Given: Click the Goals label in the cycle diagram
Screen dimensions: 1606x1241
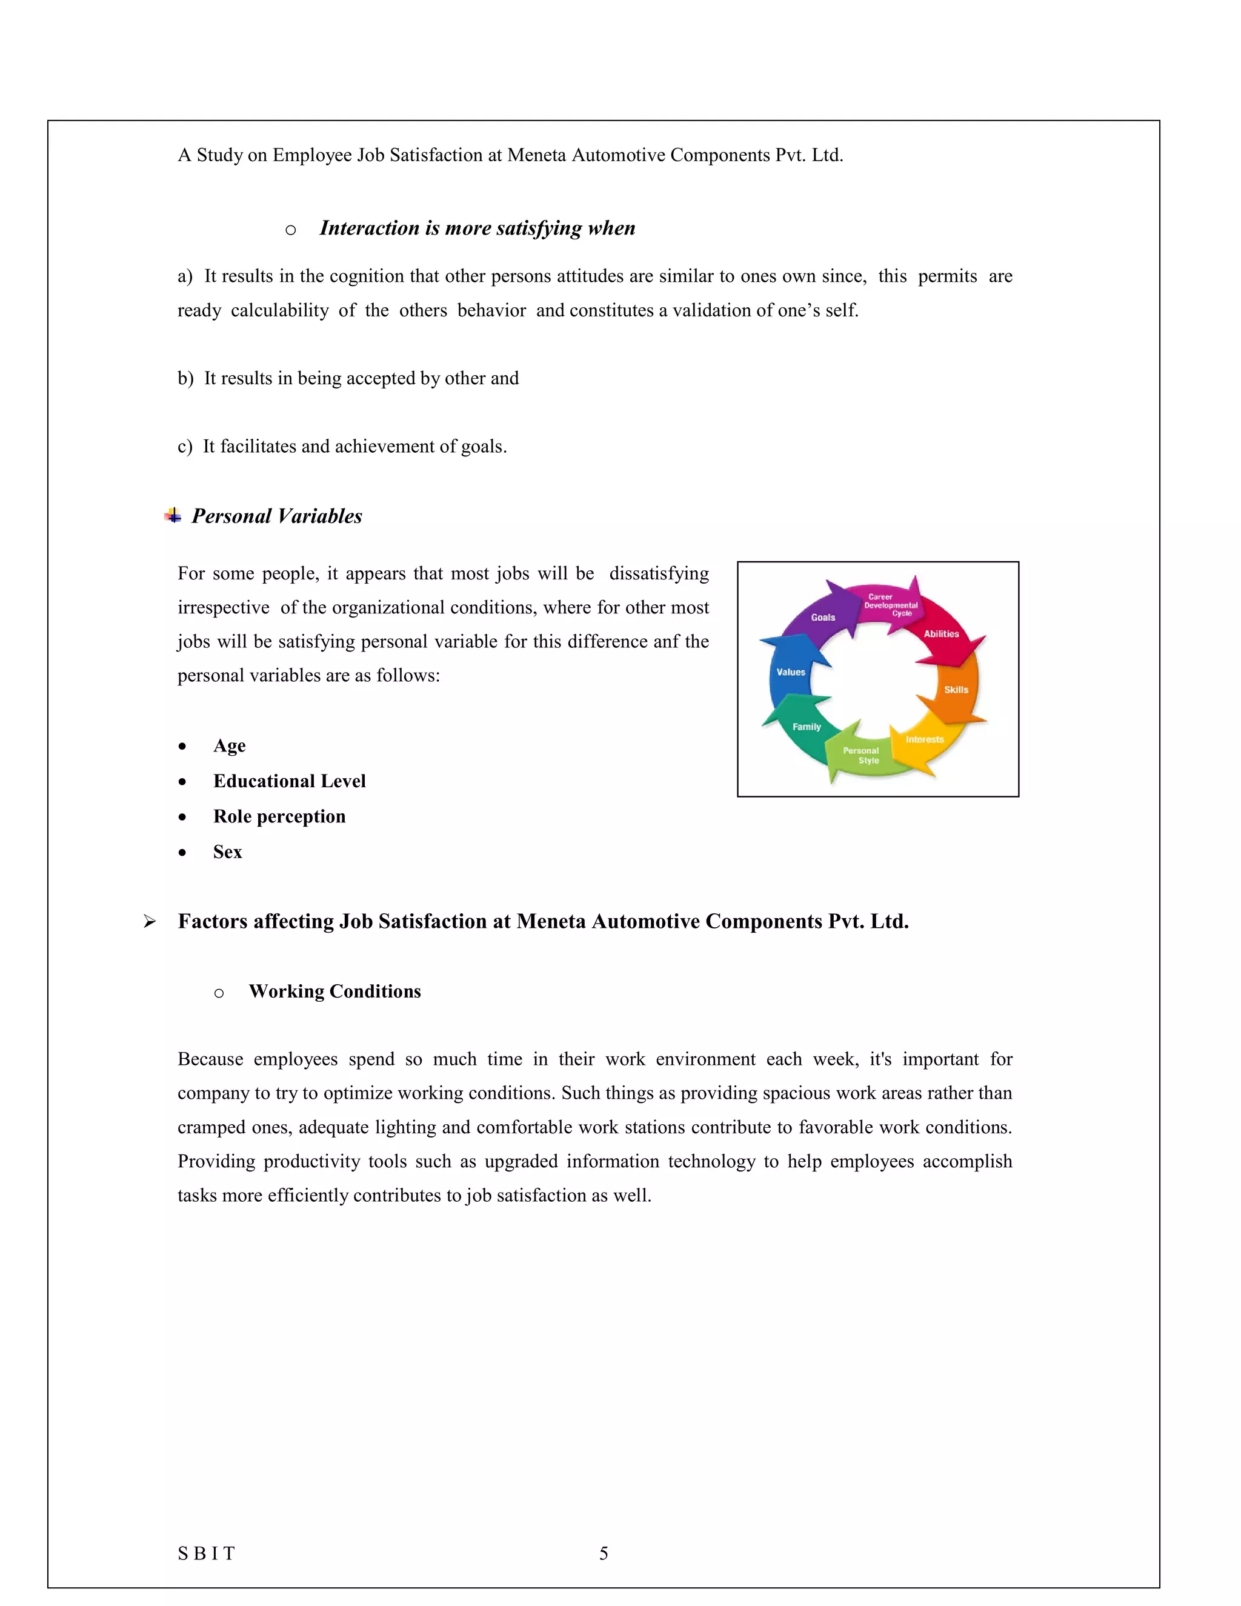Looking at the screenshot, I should pyautogui.click(x=823, y=618).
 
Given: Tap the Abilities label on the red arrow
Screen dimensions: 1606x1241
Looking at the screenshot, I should pyautogui.click(x=941, y=634).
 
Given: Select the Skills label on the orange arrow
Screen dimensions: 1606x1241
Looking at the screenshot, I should pyautogui.click(x=956, y=690).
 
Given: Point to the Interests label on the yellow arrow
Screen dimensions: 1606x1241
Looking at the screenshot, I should pyautogui.click(x=924, y=740).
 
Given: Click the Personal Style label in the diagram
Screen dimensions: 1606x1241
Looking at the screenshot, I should pyautogui.click(x=862, y=756).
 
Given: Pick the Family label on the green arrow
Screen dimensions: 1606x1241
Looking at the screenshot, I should pyautogui.click(x=807, y=727).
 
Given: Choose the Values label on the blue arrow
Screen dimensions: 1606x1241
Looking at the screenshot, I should pyautogui.click(x=791, y=672).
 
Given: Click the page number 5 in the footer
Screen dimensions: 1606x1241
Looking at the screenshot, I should pyautogui.click(x=604, y=1553).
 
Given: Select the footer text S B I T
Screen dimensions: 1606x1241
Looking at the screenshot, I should pyautogui.click(x=207, y=1553).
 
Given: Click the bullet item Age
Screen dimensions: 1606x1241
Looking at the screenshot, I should pyautogui.click(x=230, y=745).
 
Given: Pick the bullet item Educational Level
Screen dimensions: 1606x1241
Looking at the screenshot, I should pyautogui.click(x=289, y=781).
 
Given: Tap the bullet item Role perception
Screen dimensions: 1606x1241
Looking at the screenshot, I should pyautogui.click(x=279, y=816).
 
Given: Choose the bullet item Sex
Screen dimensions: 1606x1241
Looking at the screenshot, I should pyautogui.click(x=227, y=851).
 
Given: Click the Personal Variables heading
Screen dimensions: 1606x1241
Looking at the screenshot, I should pyautogui.click(x=276, y=516).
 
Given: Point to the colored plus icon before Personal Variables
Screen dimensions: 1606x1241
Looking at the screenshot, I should pyautogui.click(x=173, y=516).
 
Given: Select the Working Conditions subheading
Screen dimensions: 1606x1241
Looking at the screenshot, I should pyautogui.click(x=334, y=991).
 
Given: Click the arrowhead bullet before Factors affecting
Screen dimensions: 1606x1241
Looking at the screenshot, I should pyautogui.click(x=149, y=921).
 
